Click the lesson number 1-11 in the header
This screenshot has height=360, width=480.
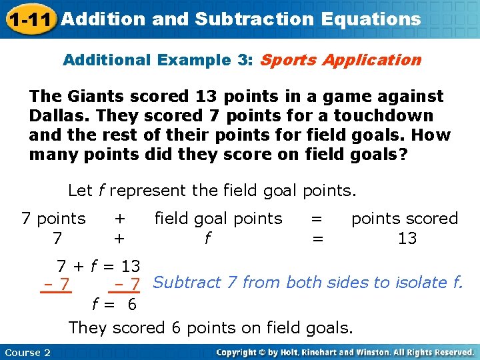[29, 19]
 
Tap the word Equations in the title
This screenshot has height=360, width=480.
[371, 19]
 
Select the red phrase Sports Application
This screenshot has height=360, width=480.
[341, 60]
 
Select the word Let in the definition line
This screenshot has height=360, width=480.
[80, 191]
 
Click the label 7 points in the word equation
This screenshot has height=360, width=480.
[53, 219]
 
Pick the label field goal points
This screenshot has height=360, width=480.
[218, 219]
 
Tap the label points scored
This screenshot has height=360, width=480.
[405, 219]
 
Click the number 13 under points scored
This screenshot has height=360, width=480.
[407, 239]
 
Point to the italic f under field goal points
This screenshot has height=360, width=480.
[208, 239]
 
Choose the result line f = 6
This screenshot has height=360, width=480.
[113, 305]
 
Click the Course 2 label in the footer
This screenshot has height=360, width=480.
[27, 352]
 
